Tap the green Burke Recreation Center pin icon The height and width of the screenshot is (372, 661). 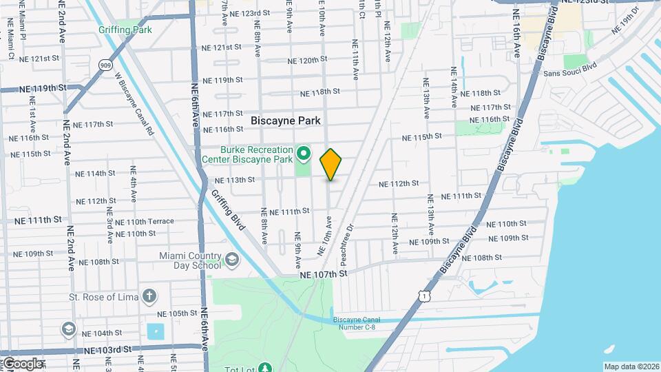tap(304, 152)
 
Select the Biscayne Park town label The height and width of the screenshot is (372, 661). tap(285, 121)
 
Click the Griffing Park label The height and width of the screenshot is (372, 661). tap(125, 30)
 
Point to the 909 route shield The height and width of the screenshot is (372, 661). tap(105, 65)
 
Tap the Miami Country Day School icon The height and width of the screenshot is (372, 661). tap(232, 260)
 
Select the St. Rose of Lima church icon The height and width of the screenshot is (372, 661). tap(150, 297)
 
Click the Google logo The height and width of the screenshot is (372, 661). tap(22, 363)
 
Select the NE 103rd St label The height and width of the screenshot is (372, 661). tap(108, 350)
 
